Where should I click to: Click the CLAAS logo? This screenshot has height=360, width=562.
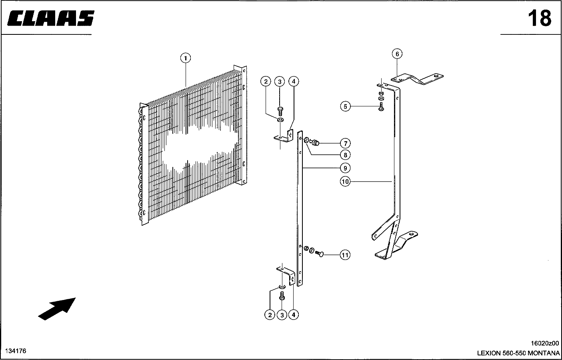(51, 18)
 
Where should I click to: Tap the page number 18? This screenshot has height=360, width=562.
(540, 18)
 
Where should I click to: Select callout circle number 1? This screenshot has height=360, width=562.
(186, 58)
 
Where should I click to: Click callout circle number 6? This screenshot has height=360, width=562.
(397, 54)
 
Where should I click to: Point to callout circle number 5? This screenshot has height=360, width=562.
(346, 106)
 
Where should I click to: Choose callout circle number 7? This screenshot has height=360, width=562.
(346, 144)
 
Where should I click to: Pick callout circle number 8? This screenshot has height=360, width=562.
(346, 155)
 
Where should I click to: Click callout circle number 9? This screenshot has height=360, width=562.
(346, 168)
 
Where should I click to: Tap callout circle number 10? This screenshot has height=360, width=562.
(345, 181)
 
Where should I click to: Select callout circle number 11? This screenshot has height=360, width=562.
(345, 255)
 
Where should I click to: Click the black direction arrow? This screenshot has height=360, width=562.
(57, 309)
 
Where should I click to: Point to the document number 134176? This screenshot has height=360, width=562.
(16, 351)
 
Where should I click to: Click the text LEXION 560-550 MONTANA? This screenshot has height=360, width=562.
(518, 353)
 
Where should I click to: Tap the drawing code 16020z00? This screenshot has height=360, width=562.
(545, 343)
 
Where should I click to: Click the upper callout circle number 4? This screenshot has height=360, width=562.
(294, 81)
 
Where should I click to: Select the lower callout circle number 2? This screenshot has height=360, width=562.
(270, 315)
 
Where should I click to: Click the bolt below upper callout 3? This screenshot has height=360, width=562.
(280, 111)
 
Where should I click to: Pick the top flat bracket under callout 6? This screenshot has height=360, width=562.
(417, 79)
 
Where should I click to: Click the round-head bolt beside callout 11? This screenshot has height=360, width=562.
(319, 254)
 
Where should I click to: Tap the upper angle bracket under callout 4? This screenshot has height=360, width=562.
(284, 136)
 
